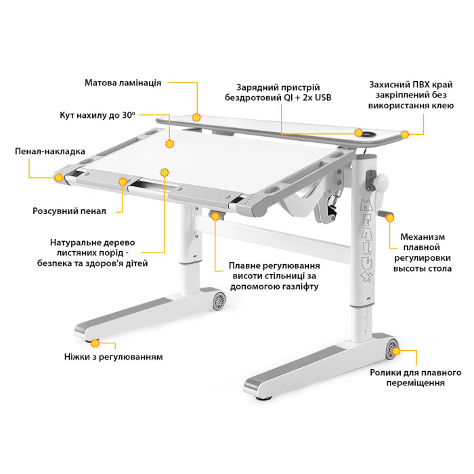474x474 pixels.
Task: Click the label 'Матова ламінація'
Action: [x=123, y=83]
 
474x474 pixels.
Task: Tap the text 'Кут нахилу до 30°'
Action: [x=98, y=115]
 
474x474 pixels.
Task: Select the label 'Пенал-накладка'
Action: [x=50, y=152]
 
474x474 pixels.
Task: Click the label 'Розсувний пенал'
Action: [x=69, y=211]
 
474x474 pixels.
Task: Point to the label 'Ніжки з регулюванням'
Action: [x=113, y=357]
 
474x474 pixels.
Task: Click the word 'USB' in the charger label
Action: [x=323, y=98]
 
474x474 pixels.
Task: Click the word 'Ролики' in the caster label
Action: [x=384, y=372]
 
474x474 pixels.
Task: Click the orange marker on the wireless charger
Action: [x=358, y=133]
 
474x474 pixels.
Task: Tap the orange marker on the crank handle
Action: [x=390, y=217]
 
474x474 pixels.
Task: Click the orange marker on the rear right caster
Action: [x=395, y=351]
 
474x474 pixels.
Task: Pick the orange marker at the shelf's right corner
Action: [x=405, y=135]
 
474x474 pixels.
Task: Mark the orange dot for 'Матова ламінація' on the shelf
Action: [x=196, y=117]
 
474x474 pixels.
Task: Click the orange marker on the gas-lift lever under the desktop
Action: [x=215, y=217]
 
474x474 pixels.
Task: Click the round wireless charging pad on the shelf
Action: [x=368, y=135]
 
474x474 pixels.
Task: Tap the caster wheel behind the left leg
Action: [x=219, y=301]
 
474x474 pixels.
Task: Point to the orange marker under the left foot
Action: [x=95, y=343]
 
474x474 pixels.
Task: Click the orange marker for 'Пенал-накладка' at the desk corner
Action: [x=59, y=177]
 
